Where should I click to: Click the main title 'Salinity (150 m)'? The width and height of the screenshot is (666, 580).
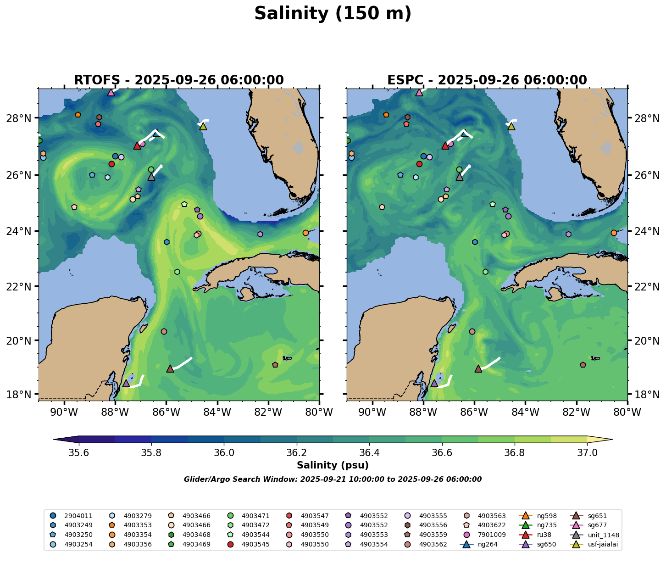pyautogui.click(x=333, y=14)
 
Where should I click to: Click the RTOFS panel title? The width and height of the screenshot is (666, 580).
pyautogui.click(x=179, y=80)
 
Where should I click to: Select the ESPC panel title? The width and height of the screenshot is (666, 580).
pyautogui.click(x=487, y=80)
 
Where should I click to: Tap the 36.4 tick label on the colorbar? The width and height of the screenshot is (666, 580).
pyautogui.click(x=369, y=453)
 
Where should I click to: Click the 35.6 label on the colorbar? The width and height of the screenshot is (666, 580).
pyautogui.click(x=79, y=453)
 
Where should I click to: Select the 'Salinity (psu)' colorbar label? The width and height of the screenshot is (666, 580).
pyautogui.click(x=333, y=465)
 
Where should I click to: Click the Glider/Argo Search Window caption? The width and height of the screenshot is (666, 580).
pyautogui.click(x=333, y=480)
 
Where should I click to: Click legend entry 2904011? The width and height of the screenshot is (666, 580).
pyautogui.click(x=78, y=516)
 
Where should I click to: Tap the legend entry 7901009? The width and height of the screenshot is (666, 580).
pyautogui.click(x=433, y=535)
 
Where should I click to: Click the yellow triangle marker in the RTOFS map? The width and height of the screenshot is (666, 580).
pyautogui.click(x=203, y=126)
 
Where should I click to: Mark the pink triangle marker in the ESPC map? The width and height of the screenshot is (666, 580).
pyautogui.click(x=419, y=92)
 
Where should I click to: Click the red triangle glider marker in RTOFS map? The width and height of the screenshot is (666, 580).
pyautogui.click(x=137, y=145)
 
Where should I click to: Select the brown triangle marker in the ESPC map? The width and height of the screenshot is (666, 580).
pyautogui.click(x=478, y=368)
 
